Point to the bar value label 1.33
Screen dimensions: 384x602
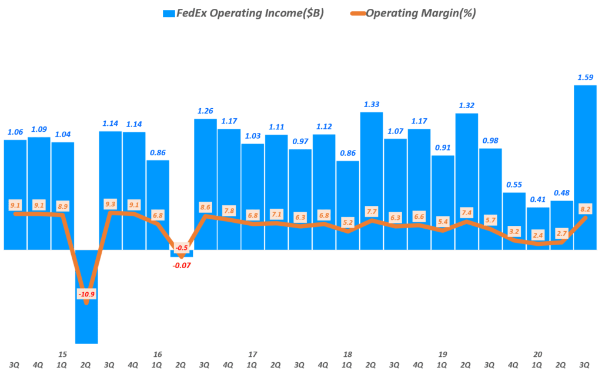371,104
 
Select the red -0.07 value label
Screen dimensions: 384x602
182,265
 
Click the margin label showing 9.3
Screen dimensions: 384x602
110,204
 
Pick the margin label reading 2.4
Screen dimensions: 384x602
537,235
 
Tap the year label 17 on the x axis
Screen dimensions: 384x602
252,355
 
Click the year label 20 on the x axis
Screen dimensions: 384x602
537,355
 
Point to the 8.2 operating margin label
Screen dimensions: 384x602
585,208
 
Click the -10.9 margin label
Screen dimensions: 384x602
86,293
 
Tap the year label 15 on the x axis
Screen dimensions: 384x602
62,355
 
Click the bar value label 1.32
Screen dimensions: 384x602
466,105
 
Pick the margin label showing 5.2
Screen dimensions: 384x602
347,222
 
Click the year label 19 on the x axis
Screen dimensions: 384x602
443,355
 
